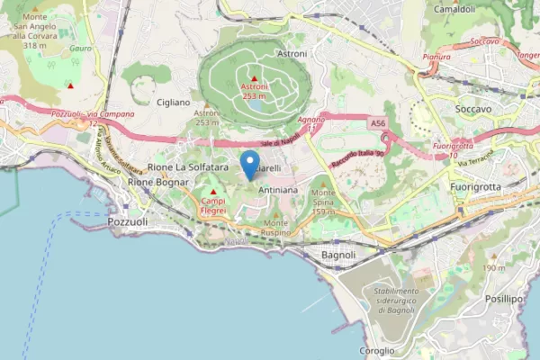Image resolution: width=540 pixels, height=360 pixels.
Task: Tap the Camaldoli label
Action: coord(454,9)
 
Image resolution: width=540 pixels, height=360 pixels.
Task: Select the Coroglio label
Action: coord(376,350)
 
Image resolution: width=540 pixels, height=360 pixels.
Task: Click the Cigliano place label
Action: coord(172,103)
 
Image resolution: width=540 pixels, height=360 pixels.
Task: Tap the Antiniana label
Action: coord(278,192)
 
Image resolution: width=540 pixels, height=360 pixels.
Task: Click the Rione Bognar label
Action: coord(157,182)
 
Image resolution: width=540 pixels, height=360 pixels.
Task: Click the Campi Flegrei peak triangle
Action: coord(213,191)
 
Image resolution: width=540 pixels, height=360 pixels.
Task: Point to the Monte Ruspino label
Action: coord(275,228)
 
